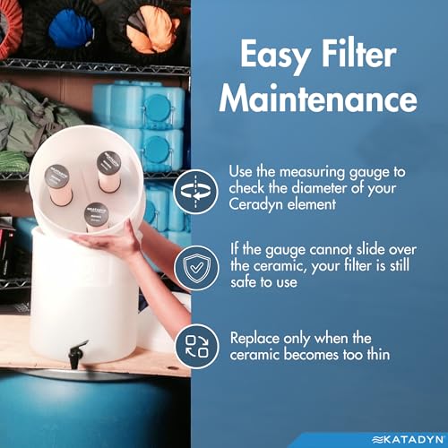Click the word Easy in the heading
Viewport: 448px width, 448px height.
pos(275,56)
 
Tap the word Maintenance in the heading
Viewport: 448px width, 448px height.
pos(318,99)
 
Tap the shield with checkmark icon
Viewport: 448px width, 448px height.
pos(196,268)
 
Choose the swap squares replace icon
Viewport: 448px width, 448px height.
pos(197,346)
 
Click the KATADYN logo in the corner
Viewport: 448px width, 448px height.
pos(408,440)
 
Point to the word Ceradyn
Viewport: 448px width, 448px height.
pos(256,205)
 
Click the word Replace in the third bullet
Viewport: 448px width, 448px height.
pos(254,339)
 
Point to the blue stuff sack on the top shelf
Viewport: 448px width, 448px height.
pos(72,28)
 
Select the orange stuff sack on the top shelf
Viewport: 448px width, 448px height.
pos(151,30)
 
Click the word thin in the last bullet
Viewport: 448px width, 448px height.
pos(378,355)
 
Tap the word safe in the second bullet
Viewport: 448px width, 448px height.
pos(243,282)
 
